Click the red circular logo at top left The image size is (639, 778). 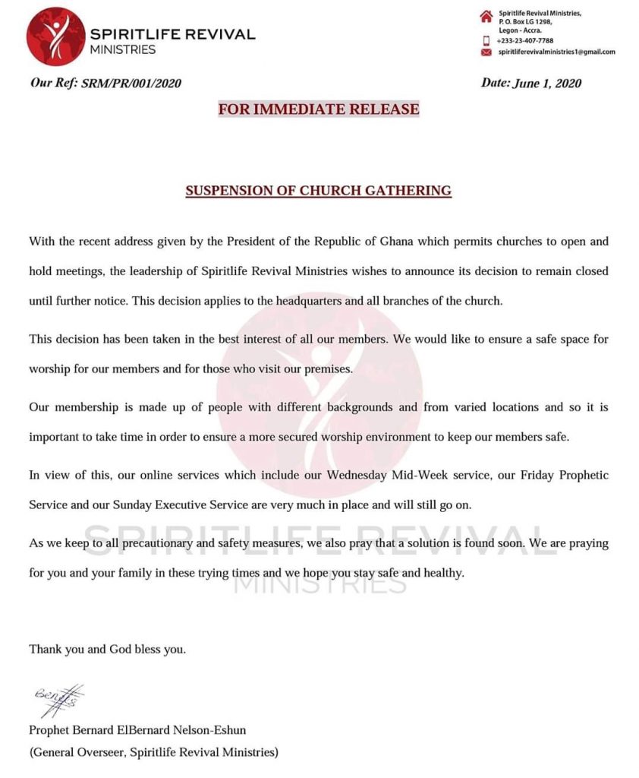click(x=55, y=36)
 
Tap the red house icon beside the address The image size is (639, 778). click(x=486, y=17)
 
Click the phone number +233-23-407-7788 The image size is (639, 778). click(x=524, y=41)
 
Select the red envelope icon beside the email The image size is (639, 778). click(x=486, y=52)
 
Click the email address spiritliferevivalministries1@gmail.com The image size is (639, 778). click(x=556, y=52)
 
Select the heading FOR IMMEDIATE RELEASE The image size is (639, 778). click(x=319, y=109)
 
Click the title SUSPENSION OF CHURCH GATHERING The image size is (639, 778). click(x=319, y=191)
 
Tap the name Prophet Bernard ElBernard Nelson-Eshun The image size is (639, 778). click(x=137, y=731)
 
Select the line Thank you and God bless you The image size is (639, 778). click(x=107, y=650)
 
